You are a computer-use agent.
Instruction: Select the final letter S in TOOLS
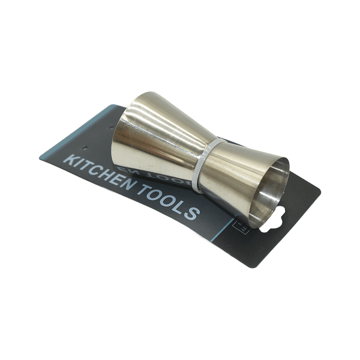(191, 214)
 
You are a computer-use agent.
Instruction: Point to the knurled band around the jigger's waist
(204, 165)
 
